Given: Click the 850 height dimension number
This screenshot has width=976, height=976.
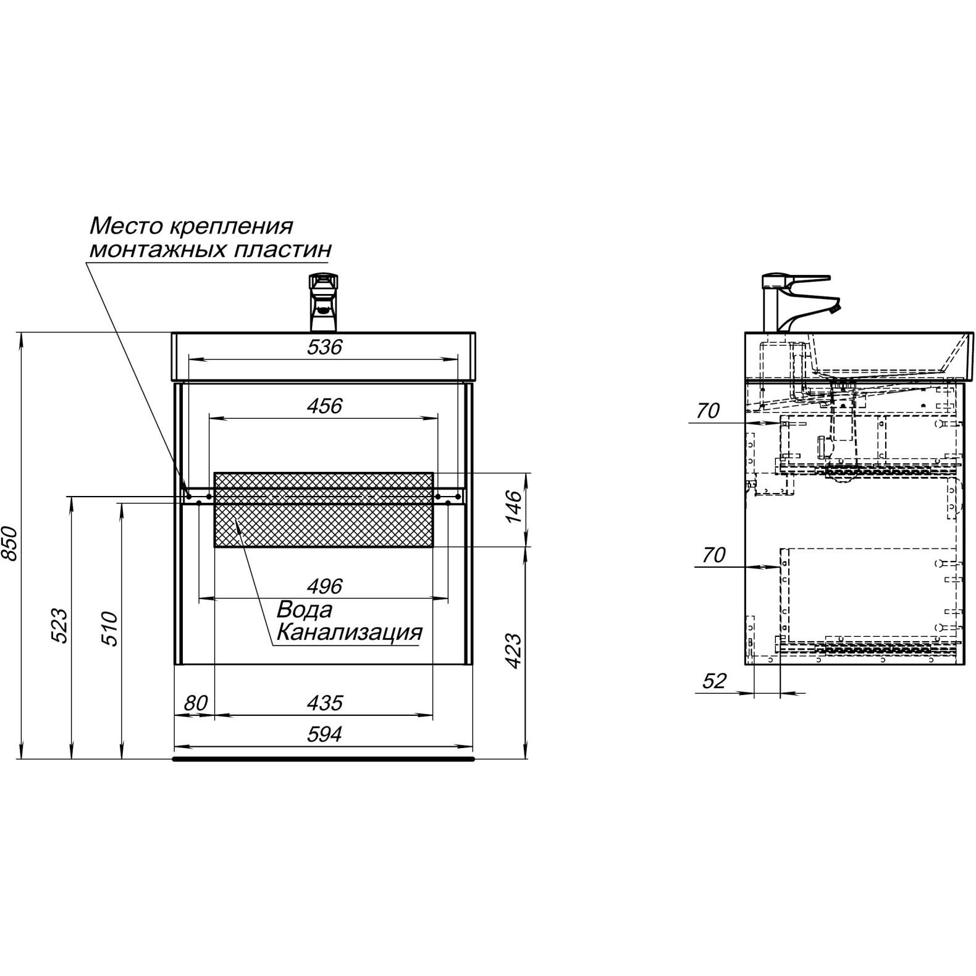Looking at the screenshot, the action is [10, 544].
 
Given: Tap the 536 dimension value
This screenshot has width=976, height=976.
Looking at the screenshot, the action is [325, 347].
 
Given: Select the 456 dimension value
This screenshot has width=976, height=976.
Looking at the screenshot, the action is [325, 406].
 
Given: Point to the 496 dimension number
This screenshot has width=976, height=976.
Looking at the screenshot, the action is [325, 586].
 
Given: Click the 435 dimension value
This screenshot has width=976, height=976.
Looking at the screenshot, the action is [325, 702].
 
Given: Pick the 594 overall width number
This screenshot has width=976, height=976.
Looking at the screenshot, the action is [325, 734].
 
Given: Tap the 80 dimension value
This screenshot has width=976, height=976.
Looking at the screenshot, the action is [195, 703].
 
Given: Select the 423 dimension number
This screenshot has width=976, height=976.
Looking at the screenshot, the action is [514, 651].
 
